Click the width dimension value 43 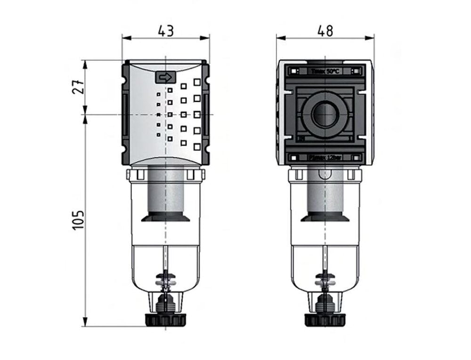point(165,31)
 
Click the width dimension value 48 point(325,31)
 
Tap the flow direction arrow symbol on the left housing point(165,77)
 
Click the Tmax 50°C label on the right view point(325,71)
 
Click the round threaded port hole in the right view point(325,115)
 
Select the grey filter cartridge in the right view point(325,193)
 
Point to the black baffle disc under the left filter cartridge point(165,217)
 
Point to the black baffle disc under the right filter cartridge point(325,217)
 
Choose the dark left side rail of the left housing point(126,113)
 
